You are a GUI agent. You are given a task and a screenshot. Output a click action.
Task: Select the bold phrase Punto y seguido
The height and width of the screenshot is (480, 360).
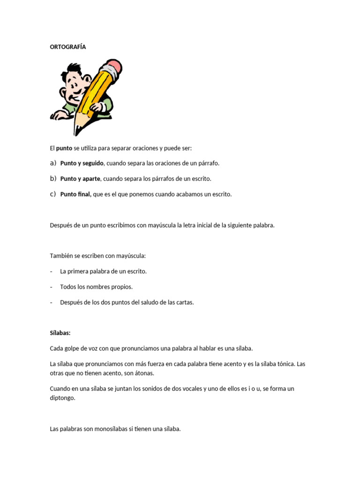[x=82, y=163]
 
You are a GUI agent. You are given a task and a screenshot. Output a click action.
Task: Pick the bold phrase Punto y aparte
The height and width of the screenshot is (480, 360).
[x=80, y=179]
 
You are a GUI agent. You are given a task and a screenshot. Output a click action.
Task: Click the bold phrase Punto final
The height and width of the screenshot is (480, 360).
[x=76, y=194]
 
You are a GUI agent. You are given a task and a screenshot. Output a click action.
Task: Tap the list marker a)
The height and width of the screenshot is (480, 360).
[x=53, y=163]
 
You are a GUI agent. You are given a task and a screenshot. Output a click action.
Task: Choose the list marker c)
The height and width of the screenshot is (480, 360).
[x=53, y=194]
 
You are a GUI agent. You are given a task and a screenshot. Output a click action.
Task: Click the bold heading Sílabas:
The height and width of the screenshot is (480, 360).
[x=60, y=333]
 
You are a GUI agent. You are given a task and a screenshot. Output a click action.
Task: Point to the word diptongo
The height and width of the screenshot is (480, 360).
[x=62, y=397]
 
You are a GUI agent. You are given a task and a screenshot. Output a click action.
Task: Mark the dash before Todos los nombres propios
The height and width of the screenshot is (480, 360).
[x=51, y=287]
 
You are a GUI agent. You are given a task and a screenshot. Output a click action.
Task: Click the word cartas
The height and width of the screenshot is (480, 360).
[x=185, y=302]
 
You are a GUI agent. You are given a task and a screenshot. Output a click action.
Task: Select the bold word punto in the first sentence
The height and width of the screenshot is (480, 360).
[x=64, y=148]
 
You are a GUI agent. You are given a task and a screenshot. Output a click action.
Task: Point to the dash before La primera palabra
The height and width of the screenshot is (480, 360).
[x=51, y=271]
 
